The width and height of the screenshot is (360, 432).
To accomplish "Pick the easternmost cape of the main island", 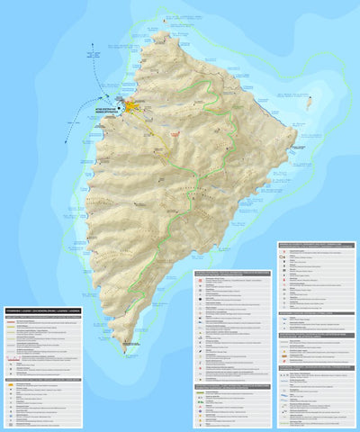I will tap(296, 139).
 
